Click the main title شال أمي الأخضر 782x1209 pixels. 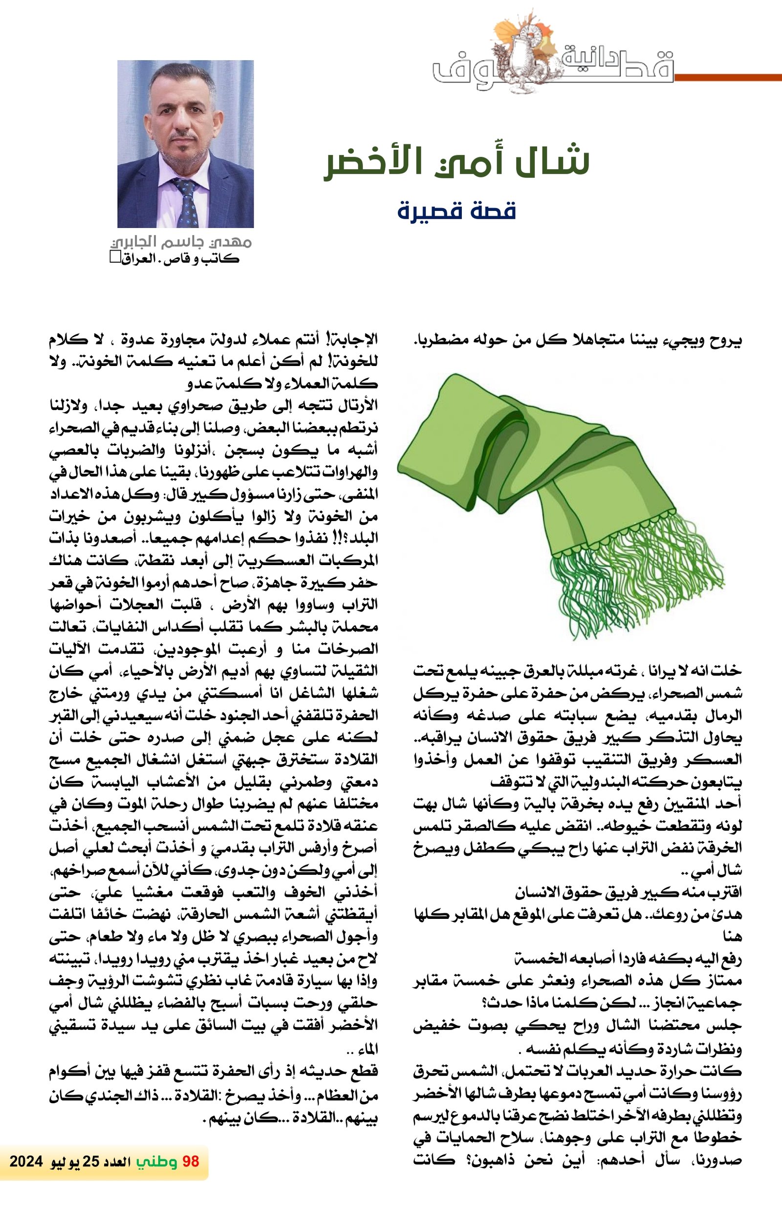coord(456,162)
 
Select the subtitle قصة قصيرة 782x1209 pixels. coord(456,211)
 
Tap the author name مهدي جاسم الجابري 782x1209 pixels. coord(181,243)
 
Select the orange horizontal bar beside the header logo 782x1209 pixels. coord(728,77)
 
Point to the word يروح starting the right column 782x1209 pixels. coord(728,341)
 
